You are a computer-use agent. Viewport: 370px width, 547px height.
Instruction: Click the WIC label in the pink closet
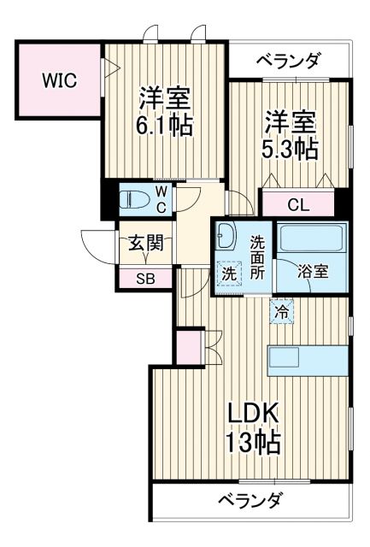(60, 81)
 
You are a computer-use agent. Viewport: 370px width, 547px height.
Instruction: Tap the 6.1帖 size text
(166, 125)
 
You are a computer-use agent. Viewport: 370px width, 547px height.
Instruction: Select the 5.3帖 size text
(290, 148)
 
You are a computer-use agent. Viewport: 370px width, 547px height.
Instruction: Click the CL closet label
(298, 204)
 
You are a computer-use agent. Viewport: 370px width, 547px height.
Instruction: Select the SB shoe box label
(147, 278)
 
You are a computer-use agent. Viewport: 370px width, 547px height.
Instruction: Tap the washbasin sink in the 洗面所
(226, 234)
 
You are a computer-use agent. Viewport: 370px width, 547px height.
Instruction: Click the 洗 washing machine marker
(229, 273)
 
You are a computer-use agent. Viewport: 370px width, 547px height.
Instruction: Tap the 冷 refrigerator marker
(280, 312)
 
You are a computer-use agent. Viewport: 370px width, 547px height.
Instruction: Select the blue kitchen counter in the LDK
(308, 360)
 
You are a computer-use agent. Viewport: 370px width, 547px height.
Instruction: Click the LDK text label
(253, 414)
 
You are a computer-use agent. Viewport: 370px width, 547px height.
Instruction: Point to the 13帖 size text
(253, 444)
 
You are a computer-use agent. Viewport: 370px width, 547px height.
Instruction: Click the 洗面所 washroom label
(257, 256)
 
